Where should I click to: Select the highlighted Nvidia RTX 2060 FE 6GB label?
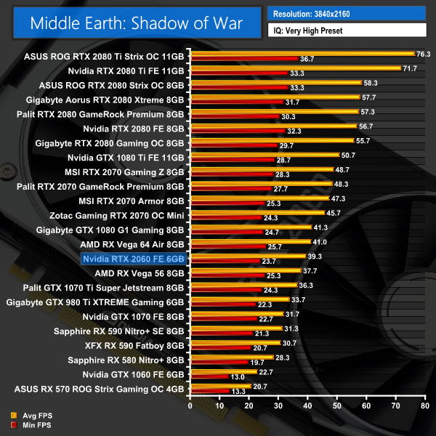point(134,259)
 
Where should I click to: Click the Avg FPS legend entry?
point(25,416)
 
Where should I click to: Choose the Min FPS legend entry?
point(25,425)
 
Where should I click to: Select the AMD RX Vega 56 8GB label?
point(140,273)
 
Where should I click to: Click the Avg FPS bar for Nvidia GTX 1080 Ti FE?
point(264,155)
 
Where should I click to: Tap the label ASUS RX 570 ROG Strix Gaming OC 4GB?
point(105,389)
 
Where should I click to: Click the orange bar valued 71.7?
point(295,68)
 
